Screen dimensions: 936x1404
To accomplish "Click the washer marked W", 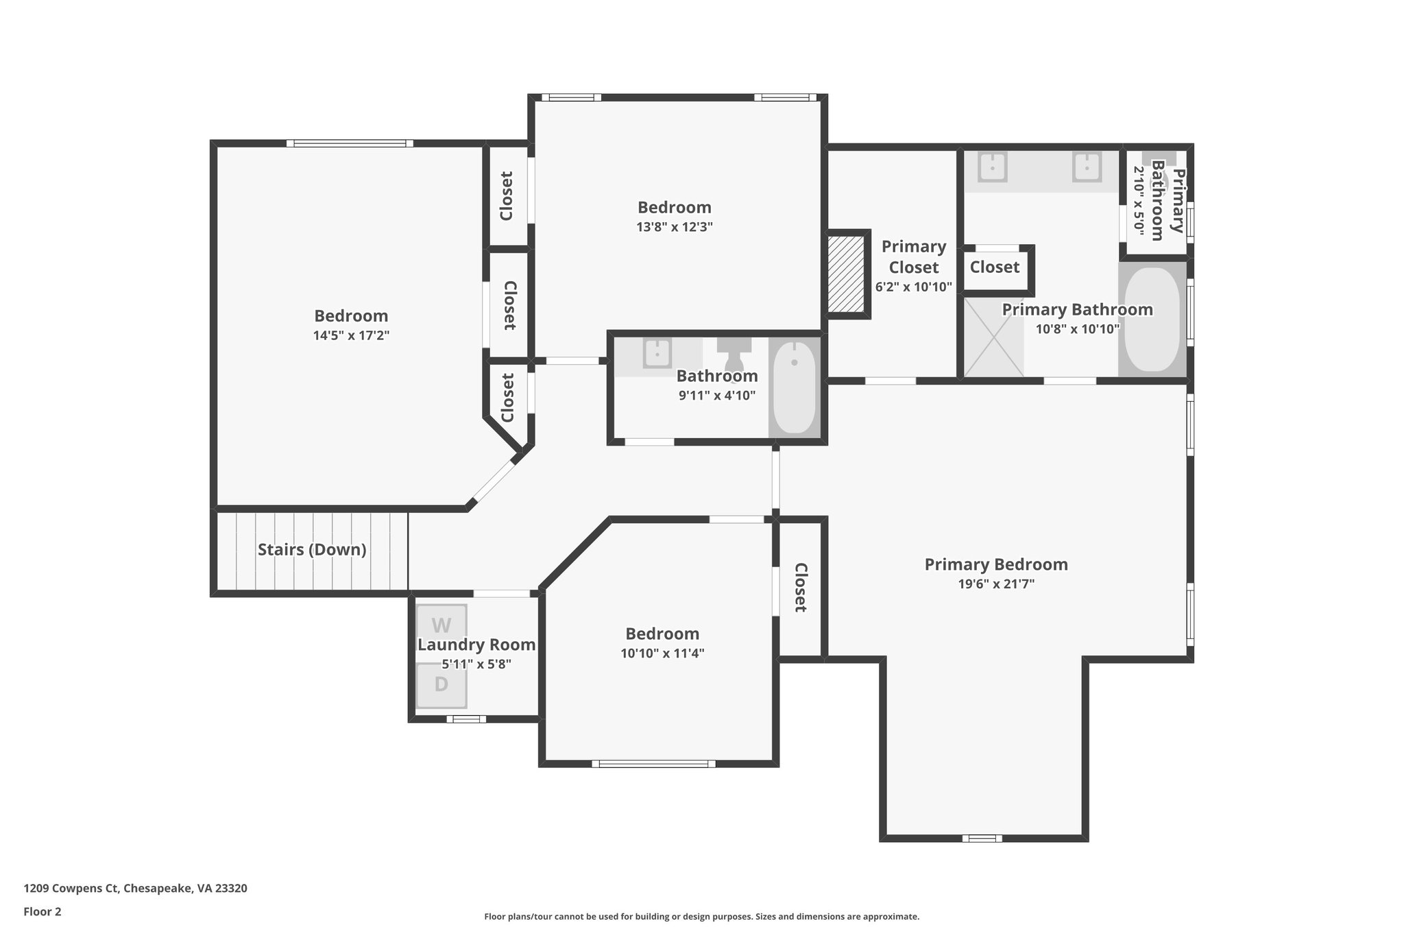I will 441,625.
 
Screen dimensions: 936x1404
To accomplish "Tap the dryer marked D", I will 441,684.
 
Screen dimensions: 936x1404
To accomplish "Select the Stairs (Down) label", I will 312,550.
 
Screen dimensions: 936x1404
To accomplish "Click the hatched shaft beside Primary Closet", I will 846,274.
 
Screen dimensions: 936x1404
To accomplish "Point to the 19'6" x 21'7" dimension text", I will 995,584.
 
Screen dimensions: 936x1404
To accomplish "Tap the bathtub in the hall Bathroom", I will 795,388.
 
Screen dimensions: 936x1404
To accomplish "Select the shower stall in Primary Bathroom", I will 993,337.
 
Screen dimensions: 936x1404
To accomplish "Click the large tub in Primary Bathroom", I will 1152,320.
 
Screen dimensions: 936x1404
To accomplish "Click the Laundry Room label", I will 476,645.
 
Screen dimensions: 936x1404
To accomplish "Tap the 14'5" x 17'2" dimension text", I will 351,335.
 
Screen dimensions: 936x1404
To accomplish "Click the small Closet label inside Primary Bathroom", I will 994,267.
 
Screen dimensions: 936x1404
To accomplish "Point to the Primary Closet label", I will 913,256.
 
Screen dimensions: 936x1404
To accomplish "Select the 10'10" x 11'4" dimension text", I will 662,653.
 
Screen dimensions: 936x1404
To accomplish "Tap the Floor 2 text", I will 43,912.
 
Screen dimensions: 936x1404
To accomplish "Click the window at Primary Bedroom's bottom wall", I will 982,838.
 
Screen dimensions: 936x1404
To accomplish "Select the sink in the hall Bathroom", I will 657,355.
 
